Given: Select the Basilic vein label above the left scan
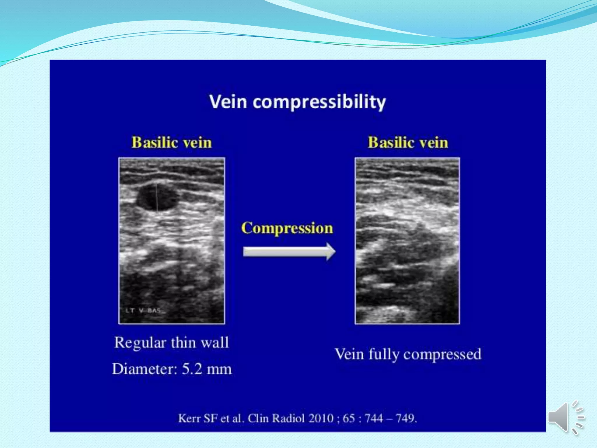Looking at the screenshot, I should click(172, 143).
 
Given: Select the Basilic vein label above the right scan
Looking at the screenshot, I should click(408, 143).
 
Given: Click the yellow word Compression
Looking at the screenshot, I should click(287, 228).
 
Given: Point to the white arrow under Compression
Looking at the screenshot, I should click(289, 251).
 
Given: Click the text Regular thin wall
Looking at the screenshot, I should click(171, 342).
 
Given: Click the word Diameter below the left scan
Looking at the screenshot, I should click(145, 369).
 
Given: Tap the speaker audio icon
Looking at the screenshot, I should click(566, 417).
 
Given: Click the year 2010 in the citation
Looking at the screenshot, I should click(321, 418).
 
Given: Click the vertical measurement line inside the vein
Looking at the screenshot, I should click(157, 197).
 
